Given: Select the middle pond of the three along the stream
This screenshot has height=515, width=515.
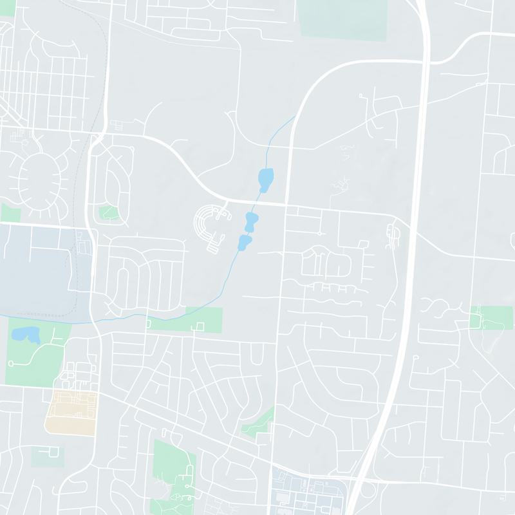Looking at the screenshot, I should tap(252, 222).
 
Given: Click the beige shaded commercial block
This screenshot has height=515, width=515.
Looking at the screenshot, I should tap(71, 412).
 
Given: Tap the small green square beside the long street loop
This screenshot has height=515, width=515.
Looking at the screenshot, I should tap(108, 212).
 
